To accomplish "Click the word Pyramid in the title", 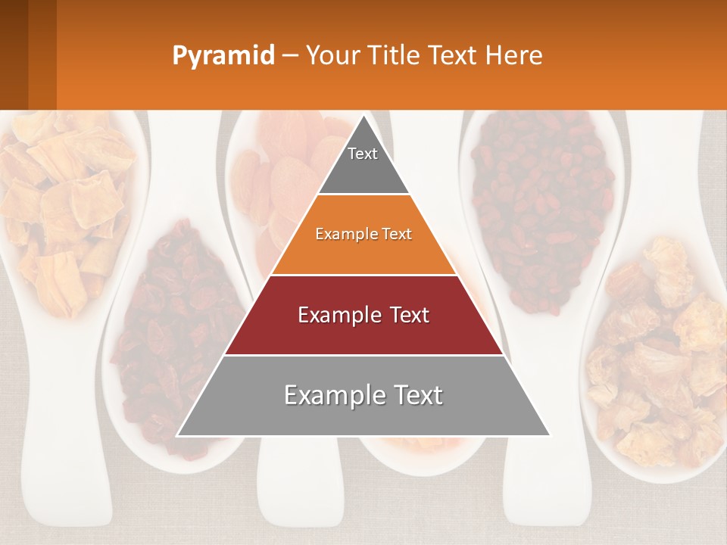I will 223,56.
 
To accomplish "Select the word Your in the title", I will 330,55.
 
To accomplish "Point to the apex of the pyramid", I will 363,118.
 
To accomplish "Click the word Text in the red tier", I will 405,315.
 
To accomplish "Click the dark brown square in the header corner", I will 28,54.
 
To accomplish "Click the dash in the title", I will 290,56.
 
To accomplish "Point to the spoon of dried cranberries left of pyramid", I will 170,333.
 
